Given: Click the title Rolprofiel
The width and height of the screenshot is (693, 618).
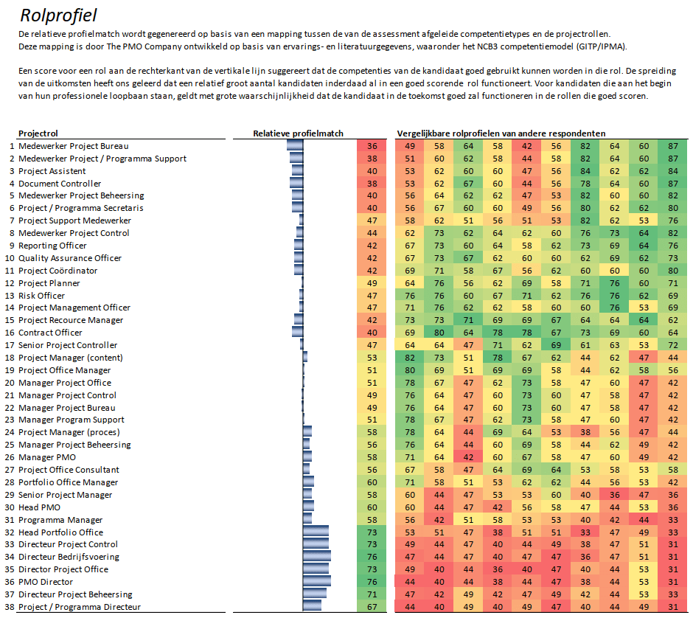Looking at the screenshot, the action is (x=58, y=15).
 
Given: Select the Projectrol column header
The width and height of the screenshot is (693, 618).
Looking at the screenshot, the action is (x=38, y=133).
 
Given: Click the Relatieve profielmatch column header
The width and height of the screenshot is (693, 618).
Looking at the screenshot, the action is (x=298, y=133).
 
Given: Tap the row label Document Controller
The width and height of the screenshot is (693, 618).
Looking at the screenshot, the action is (x=60, y=184).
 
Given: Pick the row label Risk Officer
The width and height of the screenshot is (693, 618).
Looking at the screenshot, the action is (x=41, y=296).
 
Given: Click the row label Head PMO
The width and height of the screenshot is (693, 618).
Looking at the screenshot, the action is (x=39, y=507).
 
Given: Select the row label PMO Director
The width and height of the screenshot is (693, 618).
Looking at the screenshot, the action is (x=46, y=582).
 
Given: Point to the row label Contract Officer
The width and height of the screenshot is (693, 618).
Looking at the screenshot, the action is (x=50, y=333).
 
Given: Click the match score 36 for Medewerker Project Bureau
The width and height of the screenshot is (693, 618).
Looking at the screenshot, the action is (x=372, y=146).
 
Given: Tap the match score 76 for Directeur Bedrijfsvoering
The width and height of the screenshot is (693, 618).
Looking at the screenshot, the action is (x=372, y=557).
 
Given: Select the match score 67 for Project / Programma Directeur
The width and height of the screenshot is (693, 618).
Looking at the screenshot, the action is (x=372, y=607).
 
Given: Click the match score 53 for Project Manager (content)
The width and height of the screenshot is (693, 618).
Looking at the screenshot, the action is (x=372, y=358).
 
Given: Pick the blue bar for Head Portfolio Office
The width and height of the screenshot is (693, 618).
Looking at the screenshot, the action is (x=316, y=532).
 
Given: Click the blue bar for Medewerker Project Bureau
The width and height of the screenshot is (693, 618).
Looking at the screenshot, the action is (x=295, y=146).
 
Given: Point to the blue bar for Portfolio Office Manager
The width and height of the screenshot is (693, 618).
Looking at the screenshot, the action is (x=308, y=482).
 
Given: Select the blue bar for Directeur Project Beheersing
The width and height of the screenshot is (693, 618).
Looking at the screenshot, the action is (x=315, y=594).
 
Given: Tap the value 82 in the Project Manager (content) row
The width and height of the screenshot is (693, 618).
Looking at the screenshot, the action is (x=410, y=358).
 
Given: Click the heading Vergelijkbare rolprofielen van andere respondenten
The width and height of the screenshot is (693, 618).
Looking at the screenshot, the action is (x=501, y=133).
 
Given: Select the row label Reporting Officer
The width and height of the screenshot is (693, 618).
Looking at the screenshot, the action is (x=52, y=246).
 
